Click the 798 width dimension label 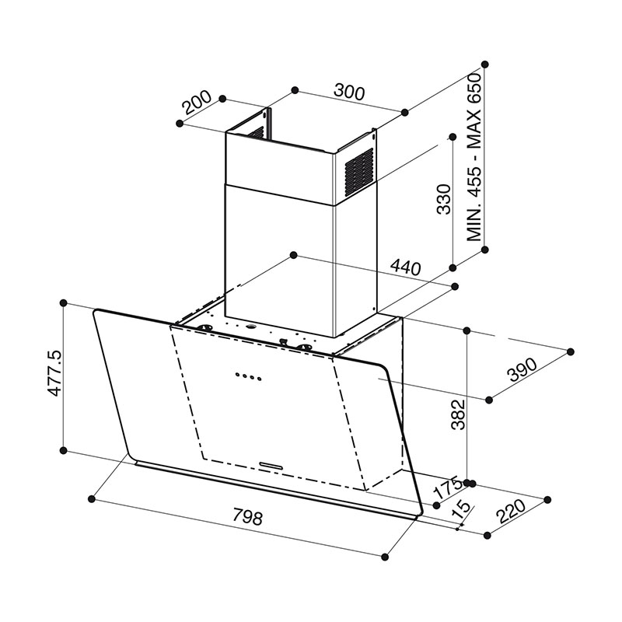(x=246, y=516)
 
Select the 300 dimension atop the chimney (x=350, y=92)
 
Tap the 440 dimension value (x=404, y=268)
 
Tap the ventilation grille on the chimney (x=358, y=169)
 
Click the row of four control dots (x=246, y=378)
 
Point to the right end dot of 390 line (x=571, y=351)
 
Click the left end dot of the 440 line (x=292, y=254)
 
